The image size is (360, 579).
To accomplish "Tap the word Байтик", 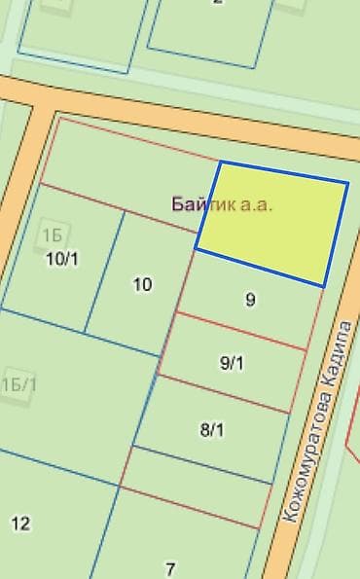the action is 204,204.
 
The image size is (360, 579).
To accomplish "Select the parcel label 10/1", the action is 62,258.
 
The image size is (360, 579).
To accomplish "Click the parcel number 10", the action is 142,284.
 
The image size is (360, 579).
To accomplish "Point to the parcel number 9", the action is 250,300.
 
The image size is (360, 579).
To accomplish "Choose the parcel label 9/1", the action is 233,363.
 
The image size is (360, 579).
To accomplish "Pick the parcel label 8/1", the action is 212,428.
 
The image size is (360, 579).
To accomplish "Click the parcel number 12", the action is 20,524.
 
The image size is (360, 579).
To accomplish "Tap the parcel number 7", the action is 170,568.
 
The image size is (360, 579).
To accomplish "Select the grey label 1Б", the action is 52,234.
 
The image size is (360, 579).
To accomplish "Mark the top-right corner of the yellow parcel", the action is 347,182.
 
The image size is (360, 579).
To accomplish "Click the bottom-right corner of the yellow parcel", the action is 323,285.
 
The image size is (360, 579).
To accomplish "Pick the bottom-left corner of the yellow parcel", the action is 197,249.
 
